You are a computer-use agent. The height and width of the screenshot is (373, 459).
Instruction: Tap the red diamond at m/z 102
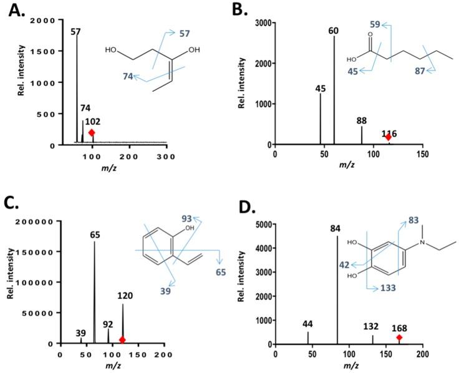click(92, 132)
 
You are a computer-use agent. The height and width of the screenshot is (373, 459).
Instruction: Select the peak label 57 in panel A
click(76, 31)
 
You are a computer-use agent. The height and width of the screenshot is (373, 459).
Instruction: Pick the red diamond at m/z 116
click(388, 137)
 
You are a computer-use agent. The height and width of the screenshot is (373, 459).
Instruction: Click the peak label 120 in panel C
click(123, 296)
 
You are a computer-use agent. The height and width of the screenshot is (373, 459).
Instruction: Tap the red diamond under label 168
click(399, 337)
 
